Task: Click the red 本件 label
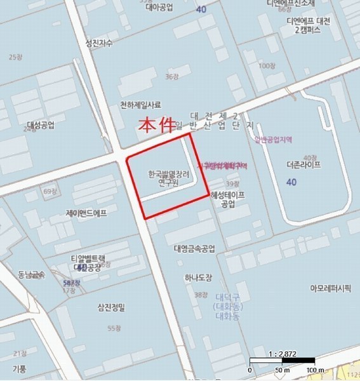click(156, 124)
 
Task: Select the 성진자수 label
click(98, 43)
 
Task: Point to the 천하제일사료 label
click(140, 105)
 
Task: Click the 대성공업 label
click(41, 124)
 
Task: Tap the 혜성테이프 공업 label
click(228, 200)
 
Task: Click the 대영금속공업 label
click(194, 248)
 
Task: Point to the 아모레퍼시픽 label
click(330, 288)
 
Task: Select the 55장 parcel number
click(114, 328)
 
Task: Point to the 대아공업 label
click(159, 9)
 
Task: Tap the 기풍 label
click(19, 368)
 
